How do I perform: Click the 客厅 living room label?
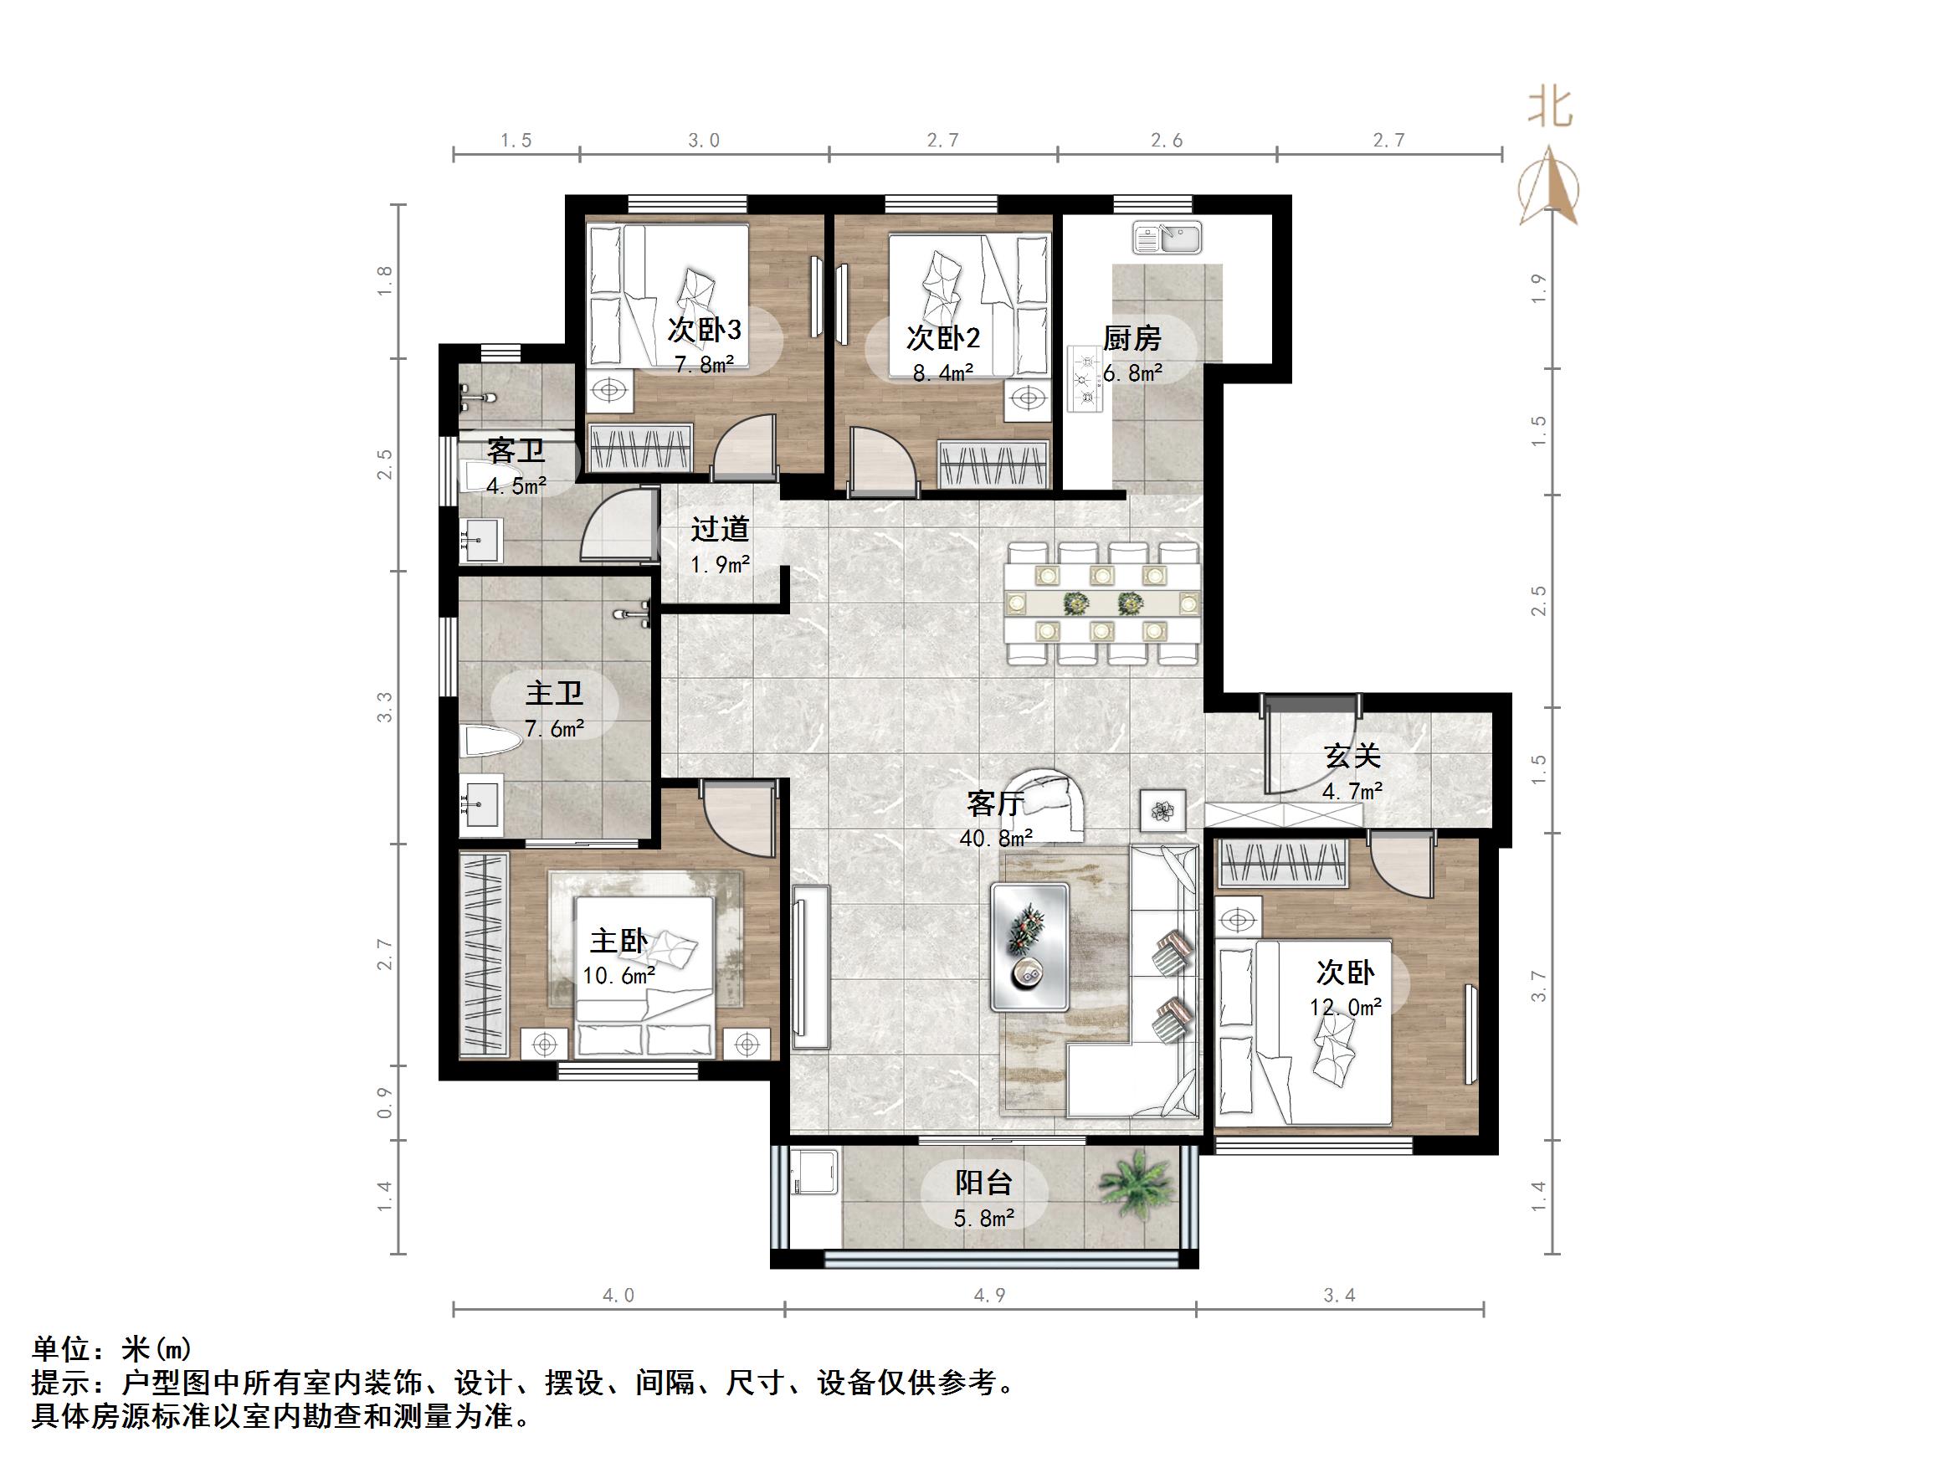pyautogui.click(x=994, y=803)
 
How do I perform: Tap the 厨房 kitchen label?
pyautogui.click(x=1132, y=339)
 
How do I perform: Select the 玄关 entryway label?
pyautogui.click(x=1352, y=756)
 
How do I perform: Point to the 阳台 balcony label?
pyautogui.click(x=984, y=1183)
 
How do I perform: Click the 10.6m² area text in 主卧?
pyautogui.click(x=618, y=976)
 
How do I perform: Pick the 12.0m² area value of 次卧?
pyautogui.click(x=1345, y=1007)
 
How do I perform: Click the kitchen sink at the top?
pyautogui.click(x=1167, y=237)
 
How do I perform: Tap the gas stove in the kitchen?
pyautogui.click(x=1085, y=380)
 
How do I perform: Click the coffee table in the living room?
pyautogui.click(x=1029, y=947)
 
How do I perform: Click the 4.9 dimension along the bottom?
pyautogui.click(x=989, y=1296)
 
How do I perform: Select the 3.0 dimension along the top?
pyautogui.click(x=704, y=141)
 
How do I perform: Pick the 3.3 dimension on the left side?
pyautogui.click(x=384, y=707)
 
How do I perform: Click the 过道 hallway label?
pyautogui.click(x=720, y=529)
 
